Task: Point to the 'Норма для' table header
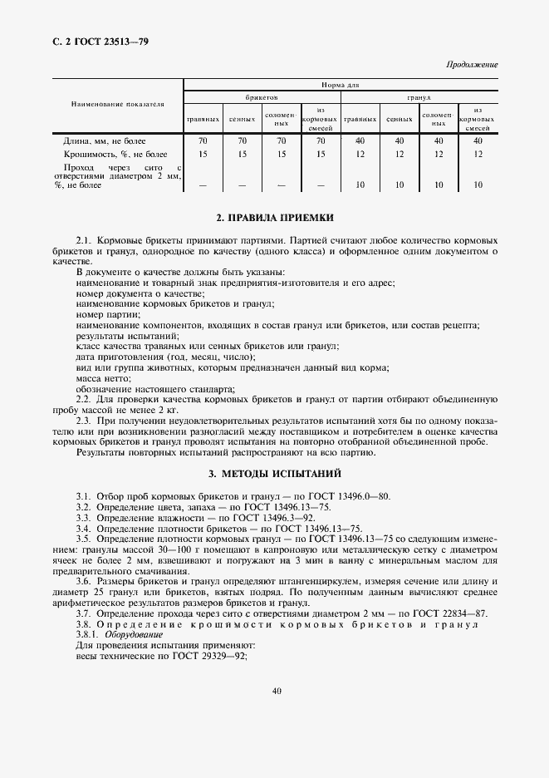coord(340,85)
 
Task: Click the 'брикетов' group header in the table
coord(261,97)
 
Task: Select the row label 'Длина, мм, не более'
coord(105,140)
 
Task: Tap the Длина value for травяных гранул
coord(359,140)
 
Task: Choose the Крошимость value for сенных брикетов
coord(243,154)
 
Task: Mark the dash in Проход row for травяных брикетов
coord(203,185)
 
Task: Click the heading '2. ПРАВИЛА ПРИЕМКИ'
coord(274,218)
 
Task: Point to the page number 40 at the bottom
coord(275,689)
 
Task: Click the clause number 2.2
coord(83,400)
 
